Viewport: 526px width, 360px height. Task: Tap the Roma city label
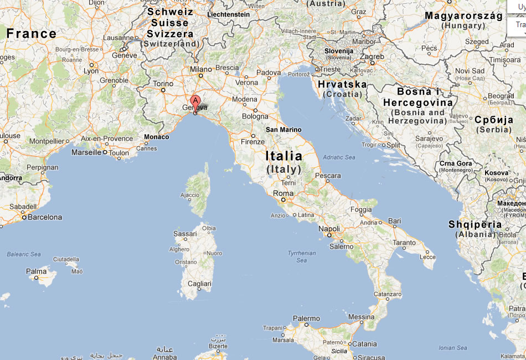tap(283, 194)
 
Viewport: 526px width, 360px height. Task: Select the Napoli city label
tap(329, 229)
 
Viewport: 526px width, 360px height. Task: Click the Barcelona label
tap(45, 217)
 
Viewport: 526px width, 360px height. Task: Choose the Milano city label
tap(201, 70)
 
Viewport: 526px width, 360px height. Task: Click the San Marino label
tap(283, 130)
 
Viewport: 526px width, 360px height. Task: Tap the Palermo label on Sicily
tap(306, 318)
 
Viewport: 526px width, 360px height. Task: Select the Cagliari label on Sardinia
tap(199, 284)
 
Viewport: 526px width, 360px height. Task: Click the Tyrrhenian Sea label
tap(301, 256)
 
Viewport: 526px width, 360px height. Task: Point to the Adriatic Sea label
tap(338, 157)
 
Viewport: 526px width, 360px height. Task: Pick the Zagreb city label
tap(372, 56)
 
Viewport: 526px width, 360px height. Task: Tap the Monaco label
tap(156, 137)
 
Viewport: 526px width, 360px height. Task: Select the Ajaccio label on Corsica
tap(190, 195)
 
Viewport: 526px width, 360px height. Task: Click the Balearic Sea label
tap(24, 254)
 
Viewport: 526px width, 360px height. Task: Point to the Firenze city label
tap(252, 142)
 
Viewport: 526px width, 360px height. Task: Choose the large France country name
tap(31, 33)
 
